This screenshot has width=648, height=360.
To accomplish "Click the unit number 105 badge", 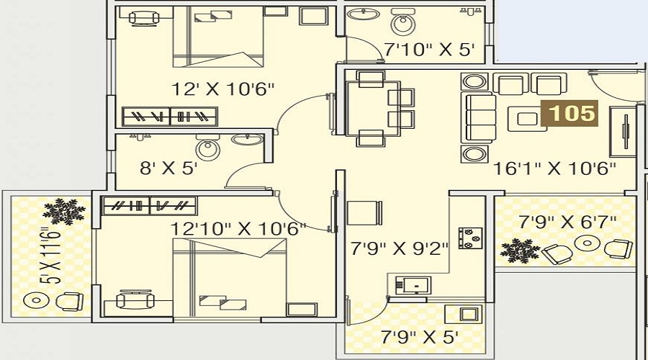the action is (x=570, y=113).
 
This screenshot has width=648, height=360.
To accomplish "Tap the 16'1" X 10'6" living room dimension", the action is (x=554, y=168).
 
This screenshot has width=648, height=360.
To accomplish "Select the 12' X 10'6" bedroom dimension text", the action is (x=222, y=89).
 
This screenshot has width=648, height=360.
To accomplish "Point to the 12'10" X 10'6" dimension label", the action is (x=238, y=228).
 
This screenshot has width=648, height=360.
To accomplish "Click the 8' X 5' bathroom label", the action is (x=168, y=168).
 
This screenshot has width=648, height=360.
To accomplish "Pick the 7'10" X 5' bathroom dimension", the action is (x=429, y=50).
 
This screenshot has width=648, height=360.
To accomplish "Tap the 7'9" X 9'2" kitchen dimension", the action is (x=399, y=248).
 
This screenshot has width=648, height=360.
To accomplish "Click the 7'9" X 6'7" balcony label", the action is (x=567, y=222).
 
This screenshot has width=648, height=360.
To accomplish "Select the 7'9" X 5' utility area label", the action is (x=419, y=337).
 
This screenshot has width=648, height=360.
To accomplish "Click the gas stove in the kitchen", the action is (x=470, y=238).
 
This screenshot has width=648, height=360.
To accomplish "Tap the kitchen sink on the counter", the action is (x=413, y=285).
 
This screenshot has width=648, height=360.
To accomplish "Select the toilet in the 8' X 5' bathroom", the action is (x=208, y=148).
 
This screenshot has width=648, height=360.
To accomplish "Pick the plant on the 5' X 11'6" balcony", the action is (x=64, y=211).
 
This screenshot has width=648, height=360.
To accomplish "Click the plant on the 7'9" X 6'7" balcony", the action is (x=520, y=250).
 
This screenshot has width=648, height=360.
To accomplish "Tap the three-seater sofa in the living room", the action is (x=479, y=117).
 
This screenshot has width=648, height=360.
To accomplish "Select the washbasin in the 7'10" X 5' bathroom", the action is (x=364, y=14).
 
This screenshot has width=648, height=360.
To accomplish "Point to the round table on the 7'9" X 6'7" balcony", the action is (x=587, y=243).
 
